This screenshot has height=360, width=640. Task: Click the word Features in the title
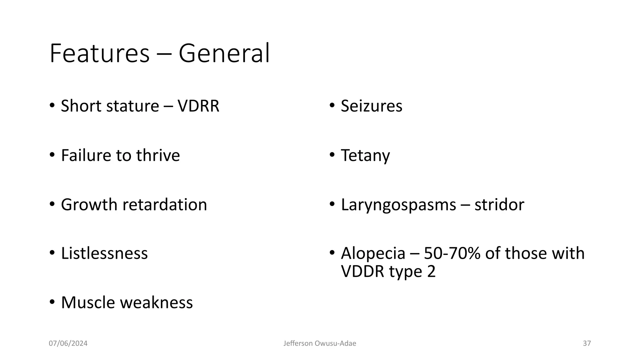point(99,53)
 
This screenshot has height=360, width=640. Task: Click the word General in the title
point(224,53)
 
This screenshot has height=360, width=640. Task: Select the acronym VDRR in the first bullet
point(198,106)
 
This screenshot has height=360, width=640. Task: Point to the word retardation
point(165,205)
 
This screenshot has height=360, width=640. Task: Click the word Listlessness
point(104,253)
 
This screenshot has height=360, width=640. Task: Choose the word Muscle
point(88,302)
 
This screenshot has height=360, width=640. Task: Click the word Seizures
point(372,106)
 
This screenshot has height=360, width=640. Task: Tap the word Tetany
point(365,156)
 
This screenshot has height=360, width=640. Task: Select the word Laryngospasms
point(398,205)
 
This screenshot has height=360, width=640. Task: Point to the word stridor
point(499,205)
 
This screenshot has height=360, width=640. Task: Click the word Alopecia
point(373,253)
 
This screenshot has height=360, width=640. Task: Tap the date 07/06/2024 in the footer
point(68,343)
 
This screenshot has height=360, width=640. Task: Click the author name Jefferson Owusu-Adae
point(320,343)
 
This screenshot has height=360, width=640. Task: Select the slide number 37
point(587,343)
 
